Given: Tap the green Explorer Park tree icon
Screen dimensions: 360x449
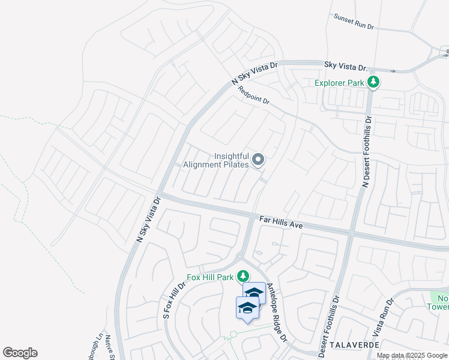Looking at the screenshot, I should [373, 82].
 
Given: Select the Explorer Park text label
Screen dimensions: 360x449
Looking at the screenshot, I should [340, 83].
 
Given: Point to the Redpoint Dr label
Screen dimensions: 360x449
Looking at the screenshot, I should [254, 96].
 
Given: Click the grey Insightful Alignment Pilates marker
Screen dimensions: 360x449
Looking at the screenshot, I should [258, 160].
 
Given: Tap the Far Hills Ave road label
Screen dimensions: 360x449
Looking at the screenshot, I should [281, 221].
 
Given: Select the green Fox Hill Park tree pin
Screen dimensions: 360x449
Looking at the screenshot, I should [243, 277].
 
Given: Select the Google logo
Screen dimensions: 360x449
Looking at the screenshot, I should [20, 353].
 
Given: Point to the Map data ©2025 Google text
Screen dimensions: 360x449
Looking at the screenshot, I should [412, 356].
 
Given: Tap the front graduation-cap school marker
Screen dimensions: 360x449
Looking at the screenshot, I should [247, 308].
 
